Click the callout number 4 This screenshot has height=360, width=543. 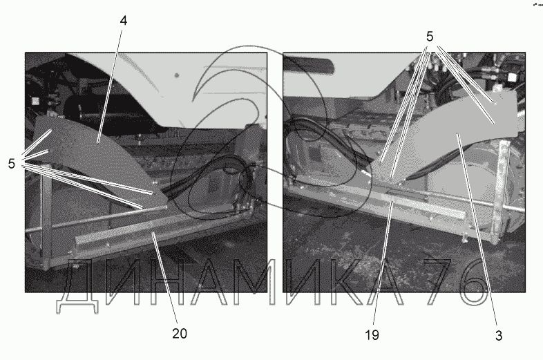(x=123, y=21)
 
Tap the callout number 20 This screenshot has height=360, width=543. (x=180, y=333)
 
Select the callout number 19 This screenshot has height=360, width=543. (x=372, y=335)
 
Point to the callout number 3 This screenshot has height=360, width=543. (x=499, y=335)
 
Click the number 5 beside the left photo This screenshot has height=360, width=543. (x=12, y=164)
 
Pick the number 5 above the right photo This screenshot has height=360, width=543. (x=430, y=37)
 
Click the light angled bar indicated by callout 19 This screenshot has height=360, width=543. (x=423, y=205)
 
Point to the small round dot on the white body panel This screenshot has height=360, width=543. (x=177, y=75)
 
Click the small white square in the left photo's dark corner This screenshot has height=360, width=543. (x=35, y=101)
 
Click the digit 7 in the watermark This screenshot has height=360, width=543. (x=437, y=282)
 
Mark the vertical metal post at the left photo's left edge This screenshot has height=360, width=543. (x=46, y=222)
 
